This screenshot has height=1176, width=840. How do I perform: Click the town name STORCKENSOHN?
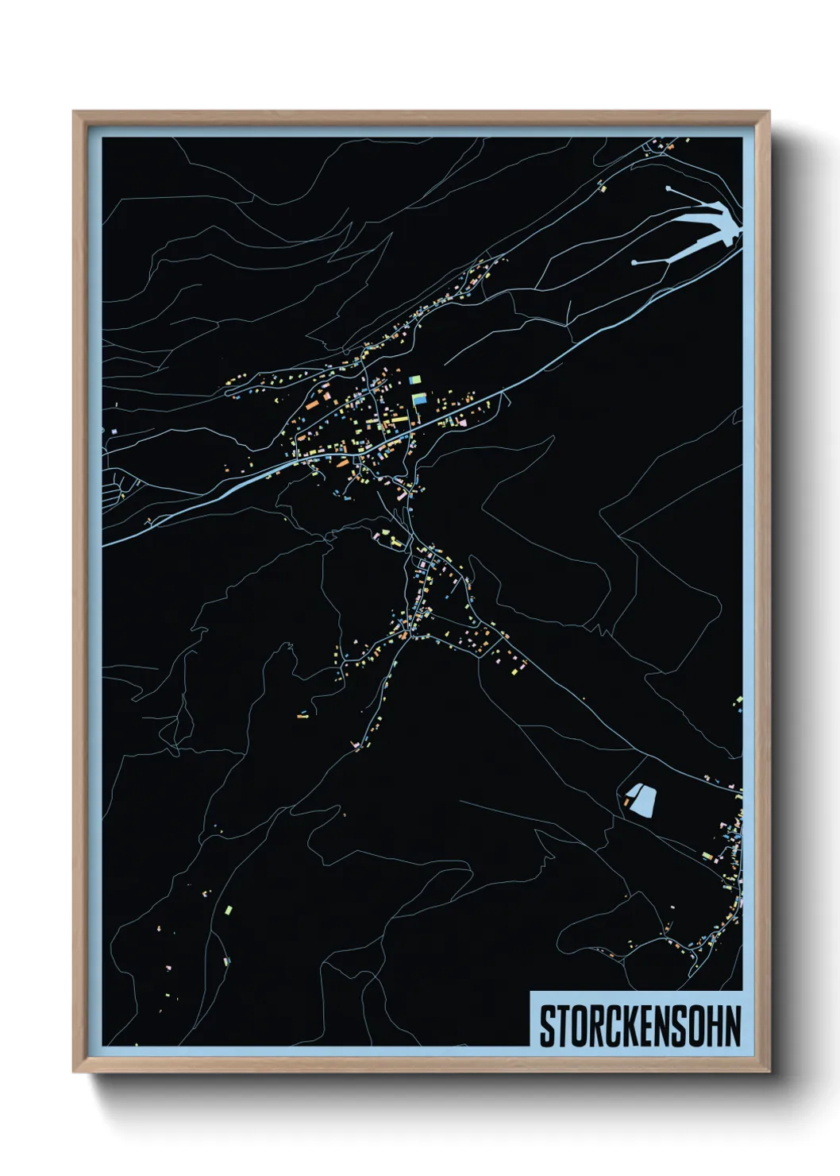(x=640, y=1026)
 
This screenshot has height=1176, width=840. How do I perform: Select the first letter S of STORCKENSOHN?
(x=548, y=1026)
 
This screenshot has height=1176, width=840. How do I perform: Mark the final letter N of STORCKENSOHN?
(x=732, y=1026)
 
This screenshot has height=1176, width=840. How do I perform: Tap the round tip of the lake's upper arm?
(x=669, y=188)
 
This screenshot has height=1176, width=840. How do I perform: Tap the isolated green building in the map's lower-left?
(x=229, y=908)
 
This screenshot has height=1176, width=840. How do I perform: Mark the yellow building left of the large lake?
(x=601, y=188)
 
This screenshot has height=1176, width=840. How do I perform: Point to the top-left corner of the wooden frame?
(x=74, y=112)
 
